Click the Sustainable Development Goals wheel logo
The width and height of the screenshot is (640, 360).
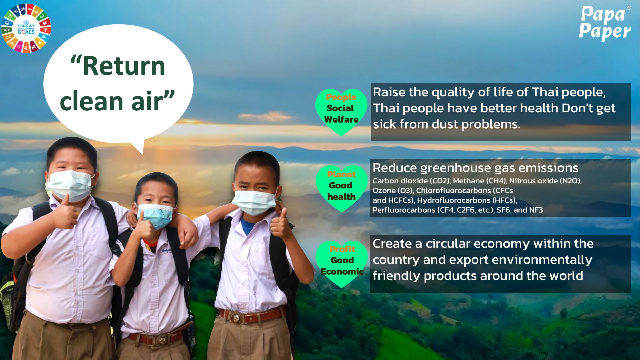click(26, 28)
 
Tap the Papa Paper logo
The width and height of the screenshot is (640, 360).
click(605, 23)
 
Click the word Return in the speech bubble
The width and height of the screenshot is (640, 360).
click(124, 66)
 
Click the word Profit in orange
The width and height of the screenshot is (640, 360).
click(342, 249)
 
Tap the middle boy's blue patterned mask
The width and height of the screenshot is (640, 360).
click(156, 216)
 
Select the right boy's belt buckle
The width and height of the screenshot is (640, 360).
click(236, 317)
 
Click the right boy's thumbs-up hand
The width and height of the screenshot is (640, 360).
click(281, 224)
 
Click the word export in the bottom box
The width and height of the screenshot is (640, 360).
click(467, 260)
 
